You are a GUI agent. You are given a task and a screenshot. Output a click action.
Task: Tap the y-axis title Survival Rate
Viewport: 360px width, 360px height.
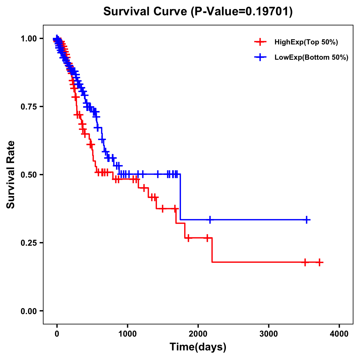pyautogui.click(x=11, y=175)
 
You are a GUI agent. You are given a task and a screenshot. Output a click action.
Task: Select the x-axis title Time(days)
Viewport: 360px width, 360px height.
pyautogui.click(x=198, y=347)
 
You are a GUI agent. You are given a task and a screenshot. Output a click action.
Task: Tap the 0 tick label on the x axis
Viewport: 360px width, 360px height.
pyautogui.click(x=57, y=334)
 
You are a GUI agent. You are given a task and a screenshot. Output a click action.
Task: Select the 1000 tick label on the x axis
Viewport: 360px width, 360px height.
pyautogui.click(x=127, y=334)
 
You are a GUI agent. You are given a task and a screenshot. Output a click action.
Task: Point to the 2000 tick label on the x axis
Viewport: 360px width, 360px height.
pyautogui.click(x=198, y=334)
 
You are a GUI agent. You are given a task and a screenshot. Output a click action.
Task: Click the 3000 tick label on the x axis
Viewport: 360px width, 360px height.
pyautogui.click(x=269, y=334)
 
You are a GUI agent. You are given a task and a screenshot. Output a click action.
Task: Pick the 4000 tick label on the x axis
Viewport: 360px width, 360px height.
pyautogui.click(x=339, y=334)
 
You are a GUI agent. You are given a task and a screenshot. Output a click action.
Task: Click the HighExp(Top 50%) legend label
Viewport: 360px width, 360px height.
pyautogui.click(x=306, y=42)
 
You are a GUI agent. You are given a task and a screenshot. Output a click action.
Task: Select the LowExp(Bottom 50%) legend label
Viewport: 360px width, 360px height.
pyautogui.click(x=311, y=57)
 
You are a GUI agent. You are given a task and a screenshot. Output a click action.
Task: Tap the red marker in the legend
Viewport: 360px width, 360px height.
pyautogui.click(x=260, y=42)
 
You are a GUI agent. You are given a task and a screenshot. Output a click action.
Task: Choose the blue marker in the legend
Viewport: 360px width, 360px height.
pyautogui.click(x=260, y=57)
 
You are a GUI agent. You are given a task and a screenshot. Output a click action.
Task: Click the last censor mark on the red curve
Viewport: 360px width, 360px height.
pyautogui.click(x=319, y=262)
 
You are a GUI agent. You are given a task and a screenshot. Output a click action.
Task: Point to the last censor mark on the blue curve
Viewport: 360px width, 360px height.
pyautogui.click(x=307, y=220)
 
